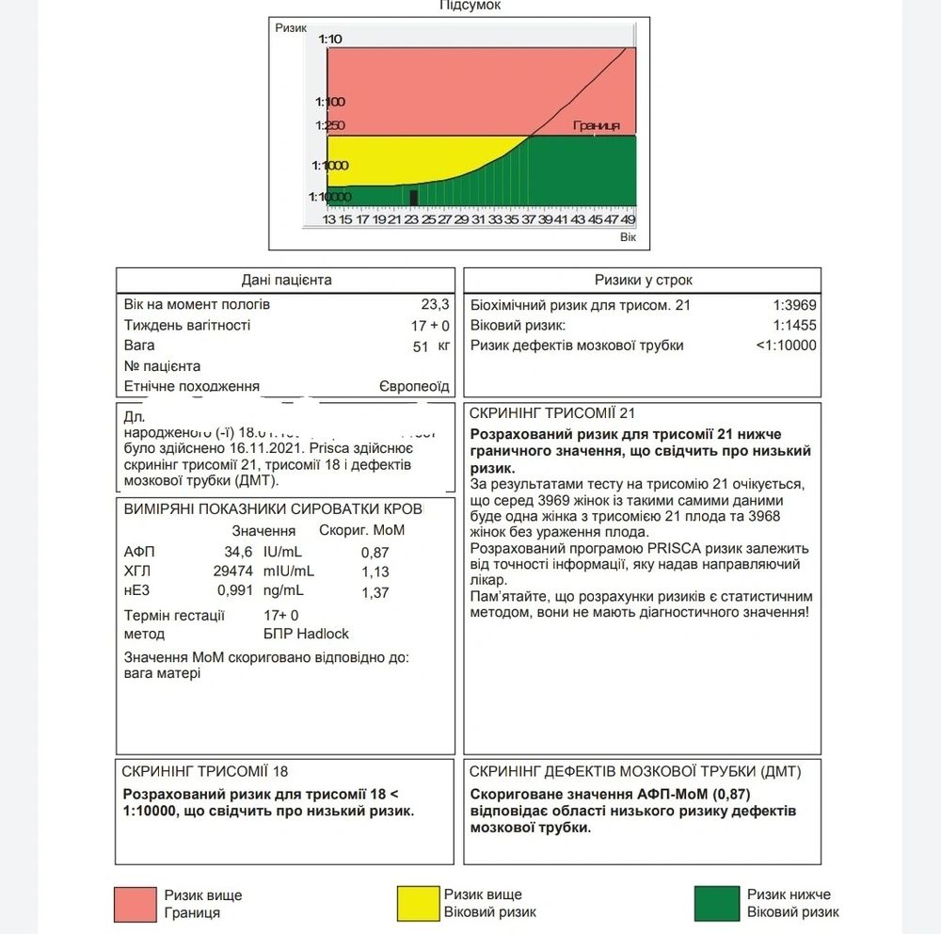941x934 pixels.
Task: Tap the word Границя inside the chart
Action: click(596, 125)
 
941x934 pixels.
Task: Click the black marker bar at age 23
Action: click(414, 197)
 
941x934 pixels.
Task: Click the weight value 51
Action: click(423, 346)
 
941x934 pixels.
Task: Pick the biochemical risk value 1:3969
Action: click(794, 305)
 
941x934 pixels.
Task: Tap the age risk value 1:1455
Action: click(794, 325)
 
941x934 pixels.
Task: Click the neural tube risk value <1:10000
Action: click(786, 346)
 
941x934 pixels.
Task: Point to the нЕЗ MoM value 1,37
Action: click(375, 592)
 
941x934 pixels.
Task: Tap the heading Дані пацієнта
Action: click(287, 280)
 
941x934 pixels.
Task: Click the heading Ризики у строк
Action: click(644, 280)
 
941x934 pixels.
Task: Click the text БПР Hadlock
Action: click(306, 634)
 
